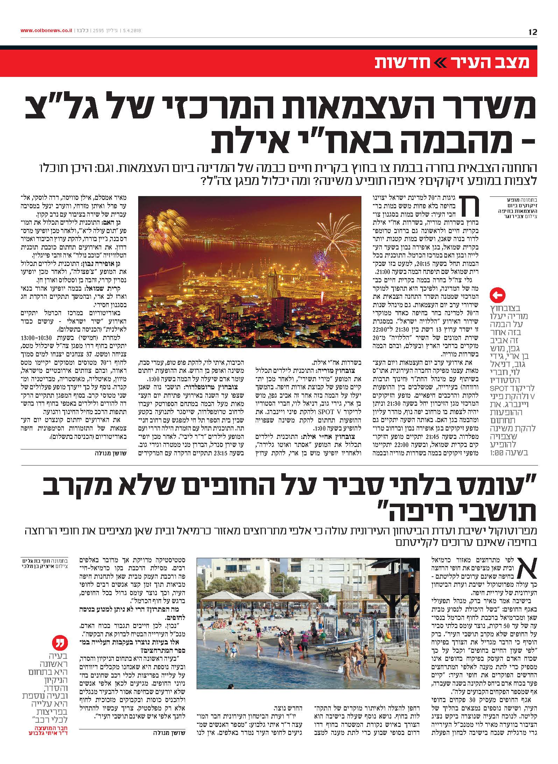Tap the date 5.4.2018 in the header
132,31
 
